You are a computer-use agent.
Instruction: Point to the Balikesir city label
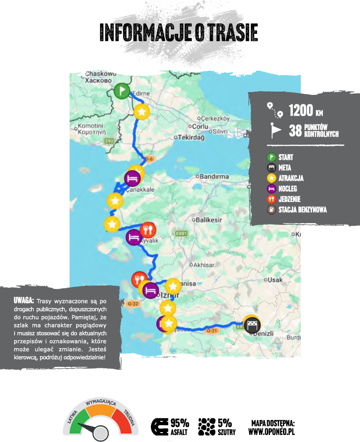click(209, 219)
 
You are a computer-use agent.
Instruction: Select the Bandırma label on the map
click(214, 177)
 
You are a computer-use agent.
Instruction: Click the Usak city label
click(277, 280)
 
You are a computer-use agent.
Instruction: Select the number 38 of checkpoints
click(295, 131)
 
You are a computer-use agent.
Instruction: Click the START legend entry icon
click(272, 157)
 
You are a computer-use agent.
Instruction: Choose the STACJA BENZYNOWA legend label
click(302, 210)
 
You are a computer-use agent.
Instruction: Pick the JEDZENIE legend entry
click(290, 200)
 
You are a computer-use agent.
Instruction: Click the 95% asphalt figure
click(180, 422)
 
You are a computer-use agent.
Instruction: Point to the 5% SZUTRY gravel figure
click(225, 422)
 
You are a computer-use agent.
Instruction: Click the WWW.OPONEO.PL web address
click(271, 431)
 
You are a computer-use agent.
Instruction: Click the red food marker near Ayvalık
click(148, 229)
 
